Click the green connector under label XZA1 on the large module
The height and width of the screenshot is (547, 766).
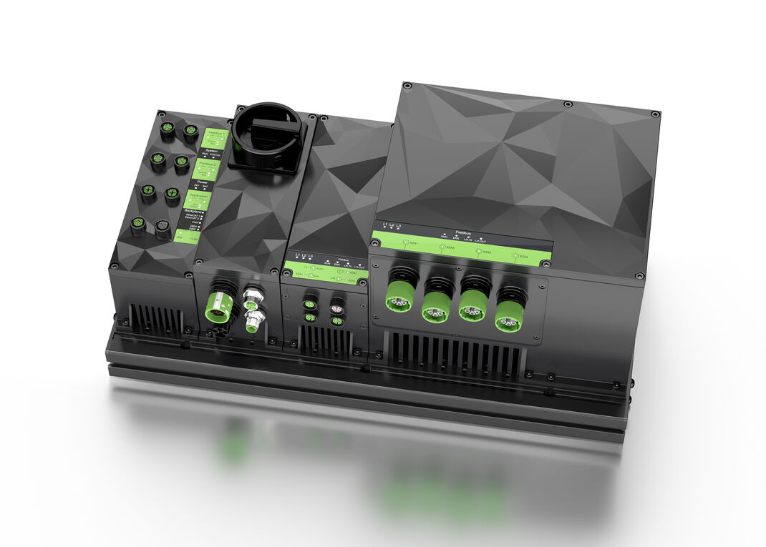coord(398,296)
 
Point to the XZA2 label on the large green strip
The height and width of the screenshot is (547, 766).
coord(447,247)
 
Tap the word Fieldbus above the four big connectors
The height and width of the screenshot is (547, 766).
coord(462,232)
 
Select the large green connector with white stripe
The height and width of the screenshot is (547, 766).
coord(218,304)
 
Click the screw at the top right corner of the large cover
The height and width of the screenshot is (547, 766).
coord(654,114)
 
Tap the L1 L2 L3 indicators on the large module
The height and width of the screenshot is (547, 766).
coord(392,227)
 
